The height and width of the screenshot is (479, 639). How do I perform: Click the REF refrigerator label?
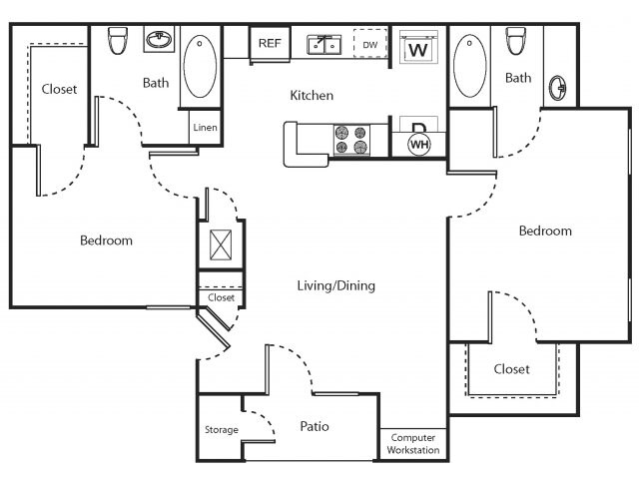point(270,43)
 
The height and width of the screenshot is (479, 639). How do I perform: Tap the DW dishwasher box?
point(370,45)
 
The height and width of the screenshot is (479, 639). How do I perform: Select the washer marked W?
point(418,47)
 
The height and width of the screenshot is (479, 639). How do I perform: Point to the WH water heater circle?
point(418,145)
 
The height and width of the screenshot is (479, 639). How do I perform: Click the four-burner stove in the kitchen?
point(351,140)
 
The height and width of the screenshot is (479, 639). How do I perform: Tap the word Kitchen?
point(312,96)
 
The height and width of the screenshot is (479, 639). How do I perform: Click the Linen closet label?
point(205,128)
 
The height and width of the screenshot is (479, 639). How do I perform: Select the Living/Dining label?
point(335,286)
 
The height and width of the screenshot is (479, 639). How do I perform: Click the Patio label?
point(315,427)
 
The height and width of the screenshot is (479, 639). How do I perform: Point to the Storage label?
point(222,430)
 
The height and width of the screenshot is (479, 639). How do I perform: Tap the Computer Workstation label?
point(413,444)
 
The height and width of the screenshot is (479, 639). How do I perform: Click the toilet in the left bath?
point(117,41)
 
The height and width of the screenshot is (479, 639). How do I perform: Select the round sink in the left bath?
point(157,41)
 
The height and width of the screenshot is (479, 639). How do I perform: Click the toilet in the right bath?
point(516,41)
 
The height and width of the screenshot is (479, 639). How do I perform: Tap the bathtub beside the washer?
point(469,65)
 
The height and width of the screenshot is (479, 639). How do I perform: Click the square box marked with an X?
point(220,244)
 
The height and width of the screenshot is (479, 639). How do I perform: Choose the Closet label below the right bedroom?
point(511,369)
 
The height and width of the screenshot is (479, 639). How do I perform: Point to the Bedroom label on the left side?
point(106,240)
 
